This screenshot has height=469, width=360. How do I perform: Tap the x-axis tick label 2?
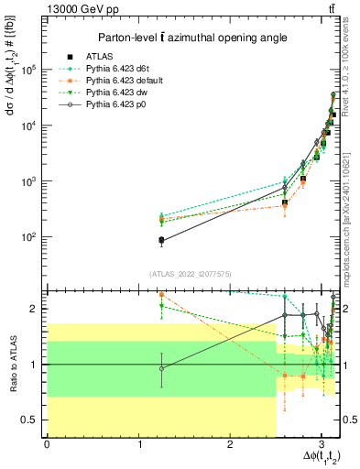[x=230, y=445]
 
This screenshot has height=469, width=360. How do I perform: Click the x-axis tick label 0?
[x=47, y=445]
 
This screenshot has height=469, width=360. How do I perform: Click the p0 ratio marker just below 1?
[x=161, y=368]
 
